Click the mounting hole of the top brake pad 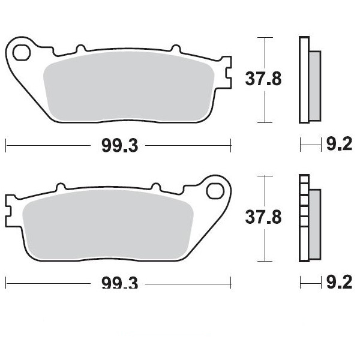[x=22, y=53]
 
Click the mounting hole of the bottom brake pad [x=215, y=191]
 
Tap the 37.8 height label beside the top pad [x=263, y=79]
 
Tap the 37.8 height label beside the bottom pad [x=263, y=217]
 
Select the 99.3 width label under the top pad [x=120, y=146]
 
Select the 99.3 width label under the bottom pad [x=120, y=283]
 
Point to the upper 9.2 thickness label [x=339, y=144]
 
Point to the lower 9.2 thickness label [x=339, y=282]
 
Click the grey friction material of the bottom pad [x=108, y=225]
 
